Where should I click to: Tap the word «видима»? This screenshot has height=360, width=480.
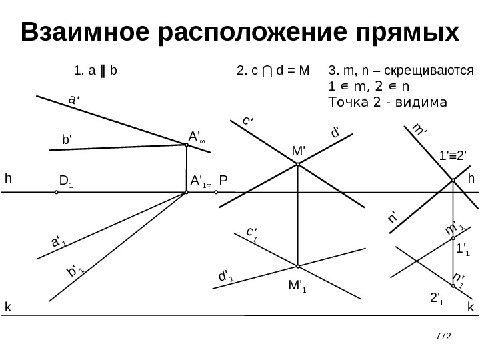[x=423, y=103]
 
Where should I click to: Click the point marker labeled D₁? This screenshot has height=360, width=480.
[x=57, y=193]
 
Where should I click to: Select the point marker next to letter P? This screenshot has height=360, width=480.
[x=217, y=193]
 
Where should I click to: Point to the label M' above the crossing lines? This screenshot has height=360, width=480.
[x=298, y=151]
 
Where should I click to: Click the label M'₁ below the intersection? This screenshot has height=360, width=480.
[x=297, y=287]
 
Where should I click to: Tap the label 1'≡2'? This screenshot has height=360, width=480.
[x=454, y=157]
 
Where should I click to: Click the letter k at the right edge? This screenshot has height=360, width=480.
[x=470, y=307]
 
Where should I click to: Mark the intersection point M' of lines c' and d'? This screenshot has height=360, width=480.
[x=297, y=165]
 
